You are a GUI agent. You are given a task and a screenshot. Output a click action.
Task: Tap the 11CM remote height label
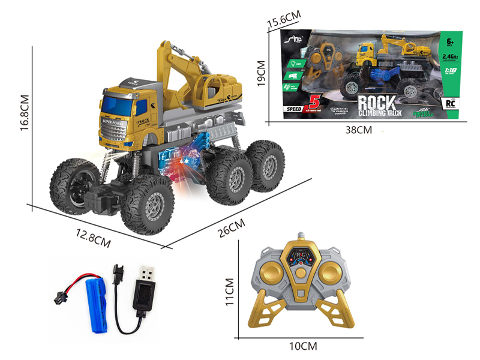(228, 291)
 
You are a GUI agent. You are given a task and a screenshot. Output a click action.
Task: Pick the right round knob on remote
(328, 274)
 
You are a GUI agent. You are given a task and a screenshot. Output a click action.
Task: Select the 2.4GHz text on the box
(449, 57)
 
